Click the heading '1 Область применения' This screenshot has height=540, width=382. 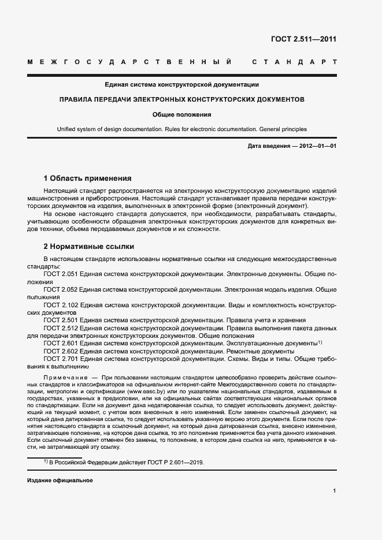click(x=88, y=178)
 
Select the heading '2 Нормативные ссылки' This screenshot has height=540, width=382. click(x=89, y=246)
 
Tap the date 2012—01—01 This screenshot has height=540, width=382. click(x=318, y=146)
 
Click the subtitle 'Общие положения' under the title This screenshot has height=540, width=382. click(x=182, y=114)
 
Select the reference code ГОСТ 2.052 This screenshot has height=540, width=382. click(x=60, y=288)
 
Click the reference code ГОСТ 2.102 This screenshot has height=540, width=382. click(x=60, y=304)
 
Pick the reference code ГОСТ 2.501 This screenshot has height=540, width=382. click(x=60, y=319)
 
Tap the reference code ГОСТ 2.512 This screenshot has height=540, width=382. click(x=60, y=327)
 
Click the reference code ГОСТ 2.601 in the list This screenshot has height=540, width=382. click(x=60, y=343)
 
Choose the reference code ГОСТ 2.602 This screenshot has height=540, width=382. click(x=60, y=351)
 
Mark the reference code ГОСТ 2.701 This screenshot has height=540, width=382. click(x=60, y=359)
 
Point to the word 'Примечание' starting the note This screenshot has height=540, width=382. click(x=64, y=377)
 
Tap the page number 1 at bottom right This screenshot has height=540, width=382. click(x=335, y=490)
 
